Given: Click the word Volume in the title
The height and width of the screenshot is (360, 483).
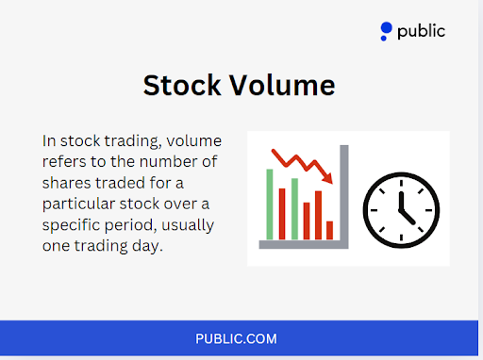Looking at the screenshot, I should [284, 86].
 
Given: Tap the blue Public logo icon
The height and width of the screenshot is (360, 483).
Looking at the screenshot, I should [385, 32].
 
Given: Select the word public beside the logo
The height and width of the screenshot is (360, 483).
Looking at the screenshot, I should [421, 31].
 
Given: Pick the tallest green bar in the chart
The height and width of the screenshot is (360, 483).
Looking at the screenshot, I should [270, 204].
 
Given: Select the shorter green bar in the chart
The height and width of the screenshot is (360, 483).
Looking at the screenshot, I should [294, 208].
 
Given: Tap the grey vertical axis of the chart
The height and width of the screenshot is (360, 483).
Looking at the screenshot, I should [344, 193].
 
